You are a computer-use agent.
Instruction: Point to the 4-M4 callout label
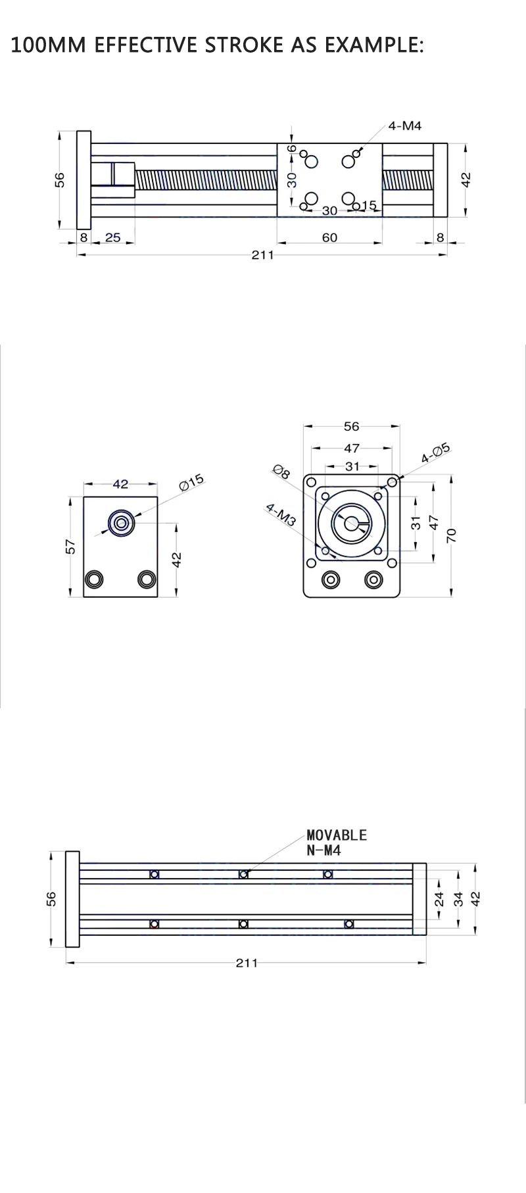[x=404, y=126]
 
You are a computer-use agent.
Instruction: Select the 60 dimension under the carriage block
[x=329, y=237]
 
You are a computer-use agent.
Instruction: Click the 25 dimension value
[x=113, y=237]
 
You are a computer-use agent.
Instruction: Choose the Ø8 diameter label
[x=281, y=472]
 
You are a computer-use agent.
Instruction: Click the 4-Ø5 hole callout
[x=435, y=453]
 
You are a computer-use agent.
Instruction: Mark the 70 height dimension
[x=451, y=535]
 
